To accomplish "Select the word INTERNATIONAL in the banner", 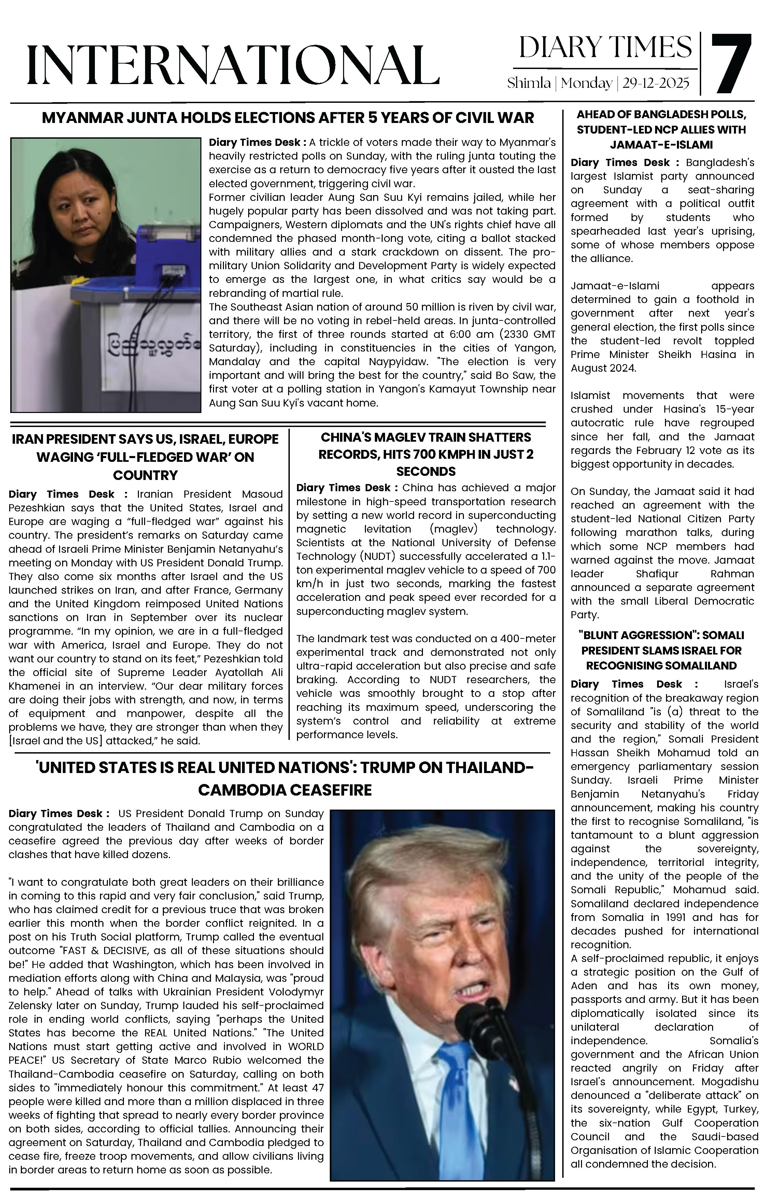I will coord(233,64).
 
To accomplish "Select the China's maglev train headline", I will coord(426,454).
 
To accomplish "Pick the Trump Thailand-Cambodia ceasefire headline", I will coord(285,778).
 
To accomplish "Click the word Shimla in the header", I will coord(528,83).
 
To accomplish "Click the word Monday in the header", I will coord(586,83).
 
